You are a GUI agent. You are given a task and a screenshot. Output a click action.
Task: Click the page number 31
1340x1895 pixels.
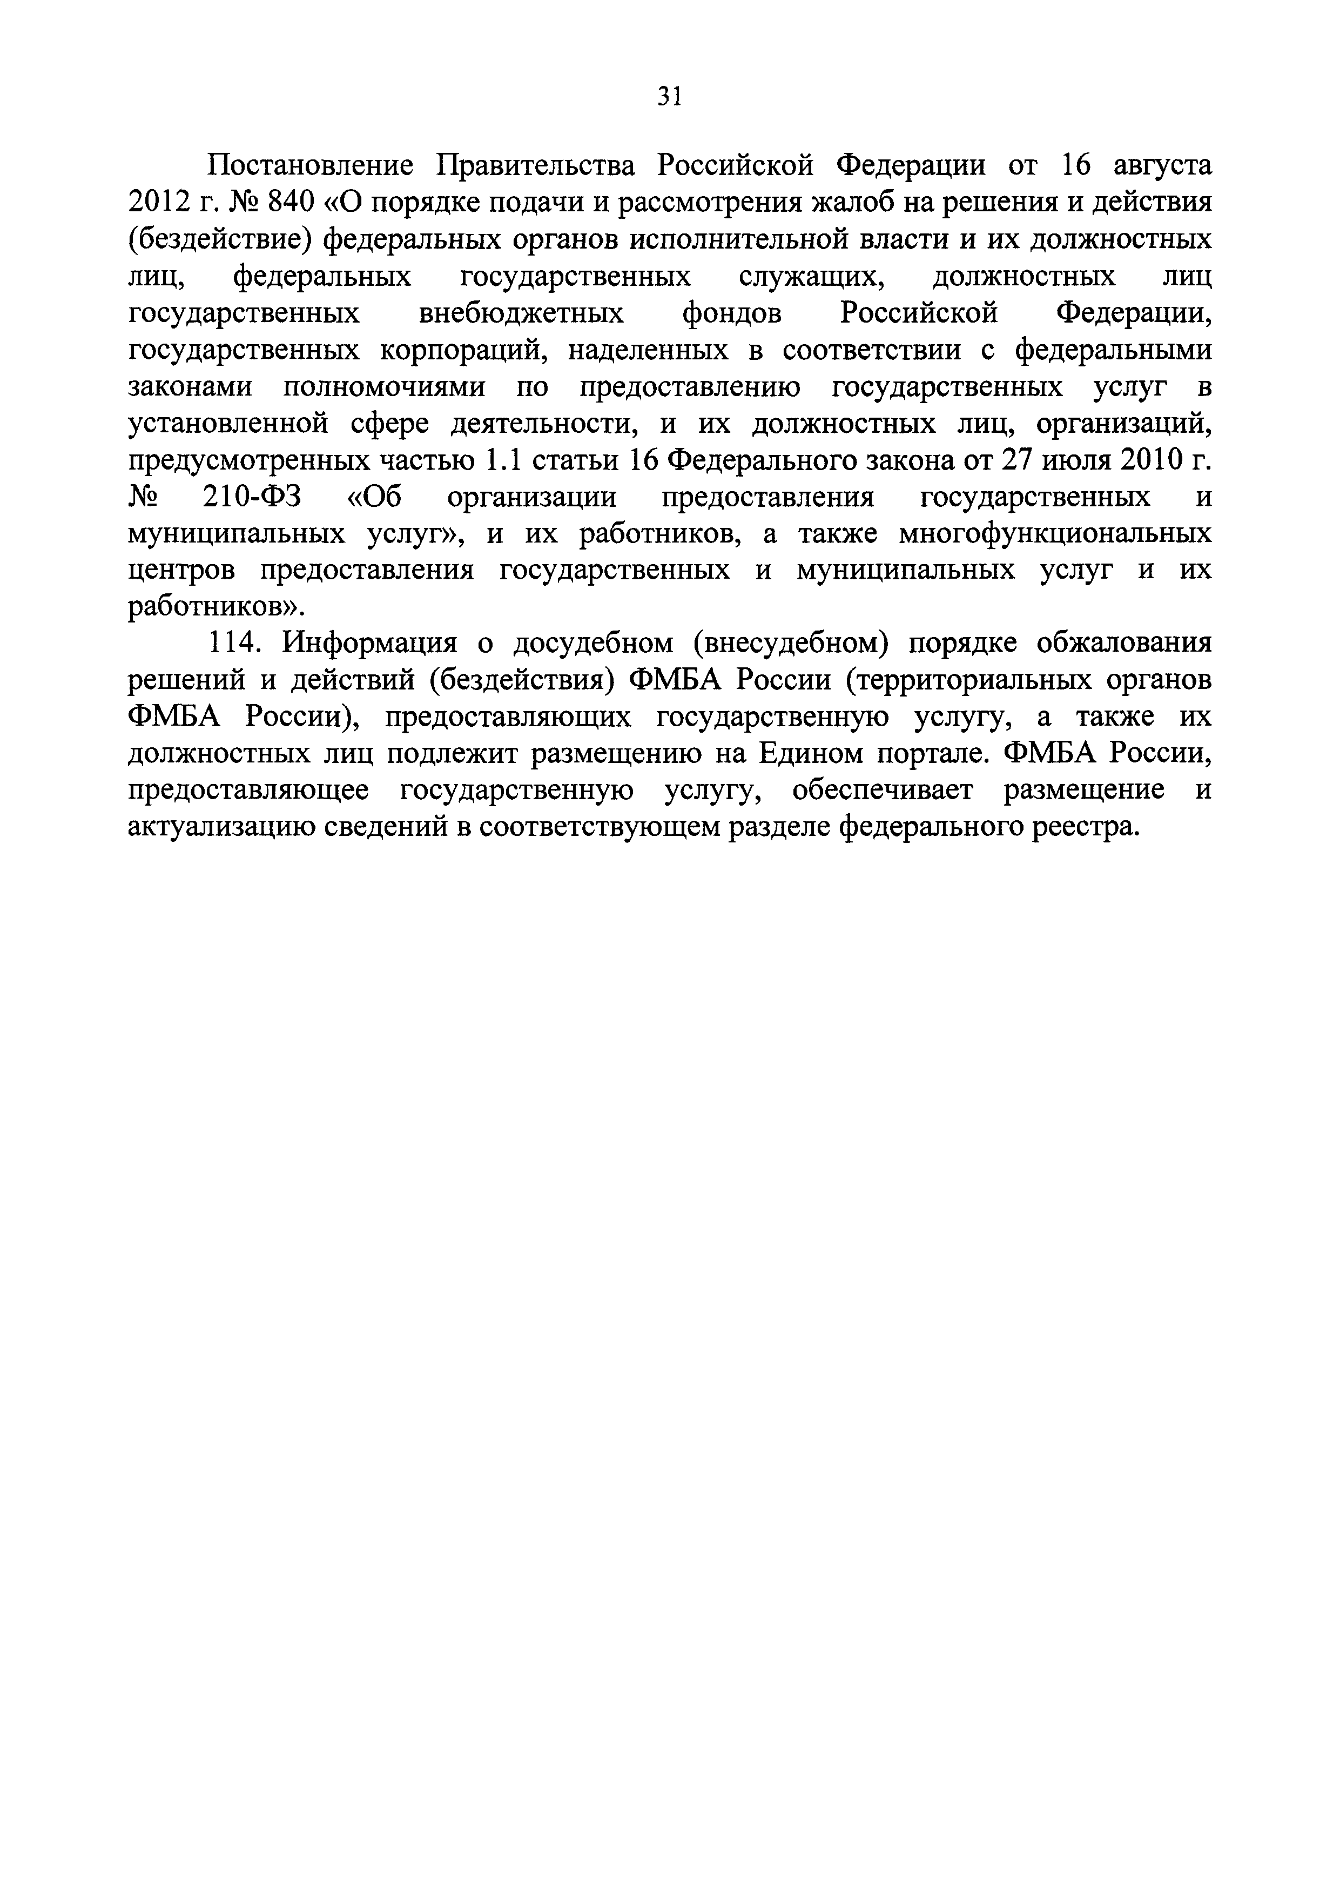tap(670, 97)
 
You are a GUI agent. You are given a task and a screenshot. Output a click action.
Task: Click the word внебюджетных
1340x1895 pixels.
tap(522, 313)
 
